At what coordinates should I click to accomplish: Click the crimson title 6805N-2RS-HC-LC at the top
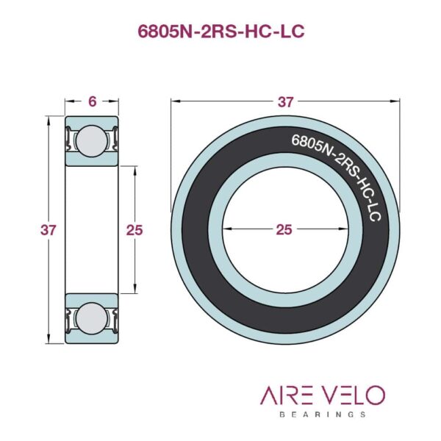(220, 31)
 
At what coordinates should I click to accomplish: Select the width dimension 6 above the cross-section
(92, 102)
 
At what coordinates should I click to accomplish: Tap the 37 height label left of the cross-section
(49, 230)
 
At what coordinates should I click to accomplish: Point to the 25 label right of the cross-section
(135, 230)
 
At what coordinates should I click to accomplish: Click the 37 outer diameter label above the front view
(285, 102)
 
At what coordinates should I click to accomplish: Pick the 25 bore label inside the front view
(284, 230)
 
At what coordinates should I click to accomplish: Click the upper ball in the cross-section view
(92, 140)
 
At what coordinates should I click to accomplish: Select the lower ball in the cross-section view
(92, 318)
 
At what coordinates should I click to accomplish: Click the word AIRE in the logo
(286, 395)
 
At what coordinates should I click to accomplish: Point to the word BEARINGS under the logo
(323, 415)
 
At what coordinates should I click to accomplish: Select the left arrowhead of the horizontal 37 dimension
(174, 102)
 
